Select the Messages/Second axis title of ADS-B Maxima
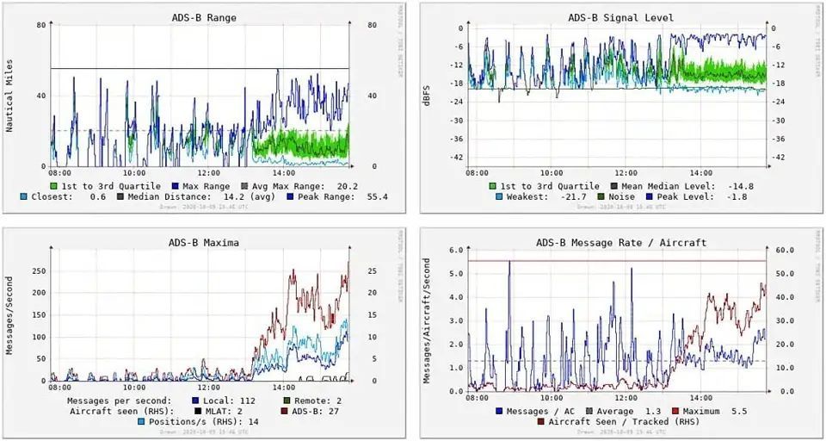click(x=10, y=314)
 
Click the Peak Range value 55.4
click(x=376, y=196)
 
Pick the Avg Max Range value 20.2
click(x=346, y=185)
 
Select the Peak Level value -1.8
click(x=735, y=196)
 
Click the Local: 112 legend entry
click(x=228, y=401)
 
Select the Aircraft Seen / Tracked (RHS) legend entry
click(x=615, y=422)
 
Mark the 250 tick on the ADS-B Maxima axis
click(x=37, y=270)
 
